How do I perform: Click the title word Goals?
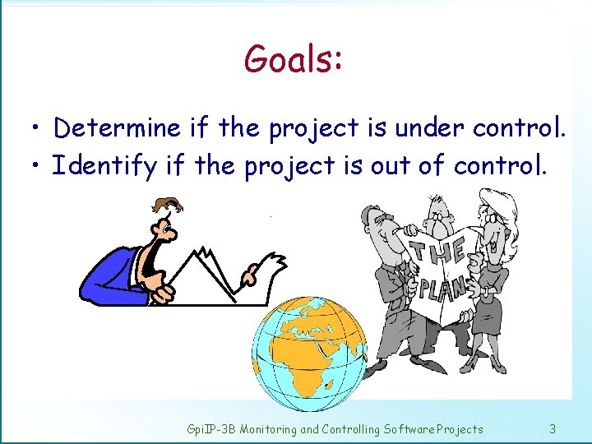pos(293,59)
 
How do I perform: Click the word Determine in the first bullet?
pos(117,127)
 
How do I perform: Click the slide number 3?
pos(553,428)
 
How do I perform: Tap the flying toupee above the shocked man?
pos(169,204)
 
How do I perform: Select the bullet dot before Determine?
pos(35,129)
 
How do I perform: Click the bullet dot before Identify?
pos(35,167)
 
